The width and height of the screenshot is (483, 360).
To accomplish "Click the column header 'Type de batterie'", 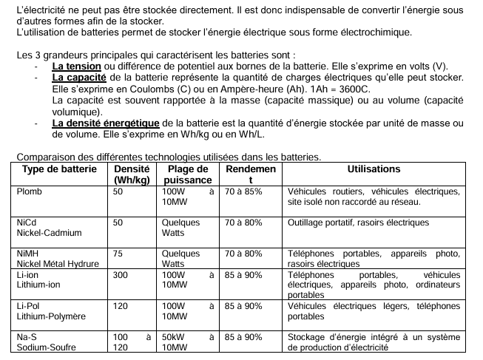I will click(59, 169).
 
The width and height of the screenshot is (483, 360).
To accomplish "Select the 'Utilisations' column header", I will click(374, 169).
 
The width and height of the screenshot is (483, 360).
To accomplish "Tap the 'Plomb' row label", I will click(30, 191).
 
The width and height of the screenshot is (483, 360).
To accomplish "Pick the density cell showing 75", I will click(118, 253).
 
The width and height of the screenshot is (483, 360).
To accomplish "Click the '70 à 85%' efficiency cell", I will click(244, 191).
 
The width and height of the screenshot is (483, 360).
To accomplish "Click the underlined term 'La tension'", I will click(77, 67).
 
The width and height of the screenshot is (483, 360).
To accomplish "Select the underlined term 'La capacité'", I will click(79, 77).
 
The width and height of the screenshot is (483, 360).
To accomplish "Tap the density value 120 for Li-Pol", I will click(121, 305).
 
